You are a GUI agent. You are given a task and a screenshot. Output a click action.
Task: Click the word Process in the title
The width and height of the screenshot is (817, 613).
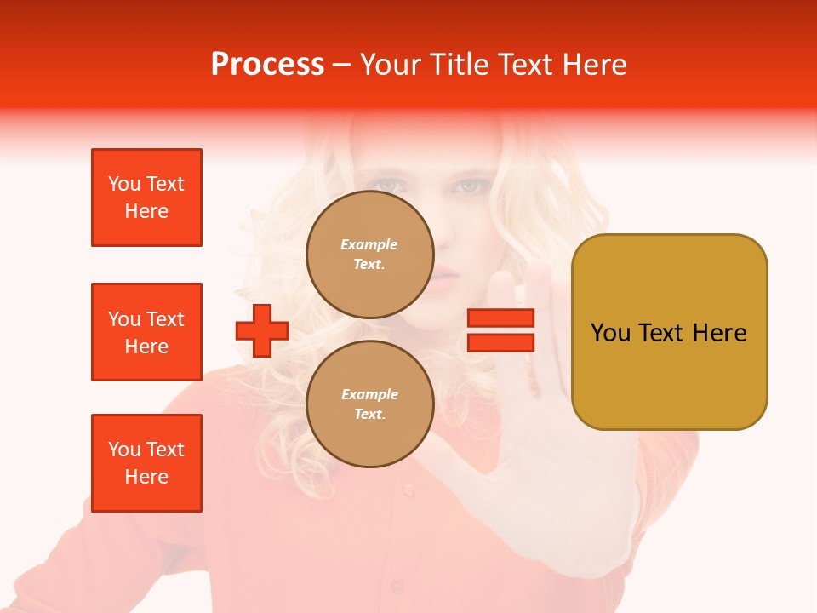click(x=267, y=65)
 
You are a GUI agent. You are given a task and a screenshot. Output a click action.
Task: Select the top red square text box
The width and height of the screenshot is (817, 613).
click(x=146, y=198)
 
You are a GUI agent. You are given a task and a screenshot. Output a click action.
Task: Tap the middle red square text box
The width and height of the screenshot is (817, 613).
click(x=146, y=332)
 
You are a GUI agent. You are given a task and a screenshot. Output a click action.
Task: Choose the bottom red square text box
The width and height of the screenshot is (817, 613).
click(x=146, y=463)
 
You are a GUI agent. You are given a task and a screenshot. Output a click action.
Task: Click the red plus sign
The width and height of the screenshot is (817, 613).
click(x=262, y=330)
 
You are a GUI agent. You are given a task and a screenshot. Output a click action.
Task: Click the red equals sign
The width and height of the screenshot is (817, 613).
click(x=500, y=330)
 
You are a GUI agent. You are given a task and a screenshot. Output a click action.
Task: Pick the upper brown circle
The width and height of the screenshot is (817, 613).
click(x=369, y=255)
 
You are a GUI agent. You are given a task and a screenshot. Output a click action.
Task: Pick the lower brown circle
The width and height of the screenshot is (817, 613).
click(x=369, y=404)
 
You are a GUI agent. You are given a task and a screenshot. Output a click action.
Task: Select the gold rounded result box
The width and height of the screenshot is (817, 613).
click(x=669, y=332)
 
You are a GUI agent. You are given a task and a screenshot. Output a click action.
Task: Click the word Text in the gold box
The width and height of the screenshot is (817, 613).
click(x=666, y=333)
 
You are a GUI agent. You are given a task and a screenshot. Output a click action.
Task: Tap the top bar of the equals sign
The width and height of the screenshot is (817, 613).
click(x=500, y=318)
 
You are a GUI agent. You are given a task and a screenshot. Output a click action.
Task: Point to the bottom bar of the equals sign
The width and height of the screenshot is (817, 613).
click(x=500, y=342)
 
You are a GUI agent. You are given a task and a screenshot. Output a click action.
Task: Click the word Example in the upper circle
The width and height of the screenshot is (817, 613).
click(x=369, y=244)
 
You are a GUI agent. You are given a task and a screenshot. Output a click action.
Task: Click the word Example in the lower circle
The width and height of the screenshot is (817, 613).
click(x=369, y=394)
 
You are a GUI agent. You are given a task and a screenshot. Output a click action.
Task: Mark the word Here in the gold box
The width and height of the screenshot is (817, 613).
click(x=719, y=333)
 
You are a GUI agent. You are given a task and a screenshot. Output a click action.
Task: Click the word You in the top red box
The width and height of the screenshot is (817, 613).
click(x=124, y=184)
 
